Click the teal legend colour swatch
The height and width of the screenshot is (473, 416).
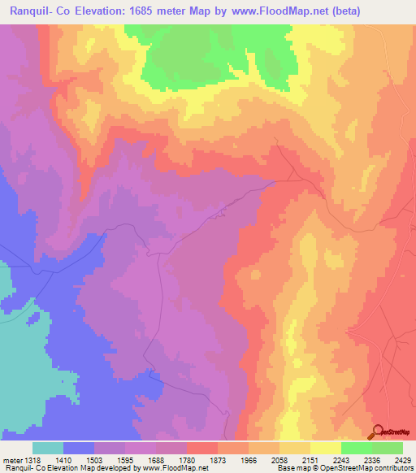(x=48, y=448)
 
